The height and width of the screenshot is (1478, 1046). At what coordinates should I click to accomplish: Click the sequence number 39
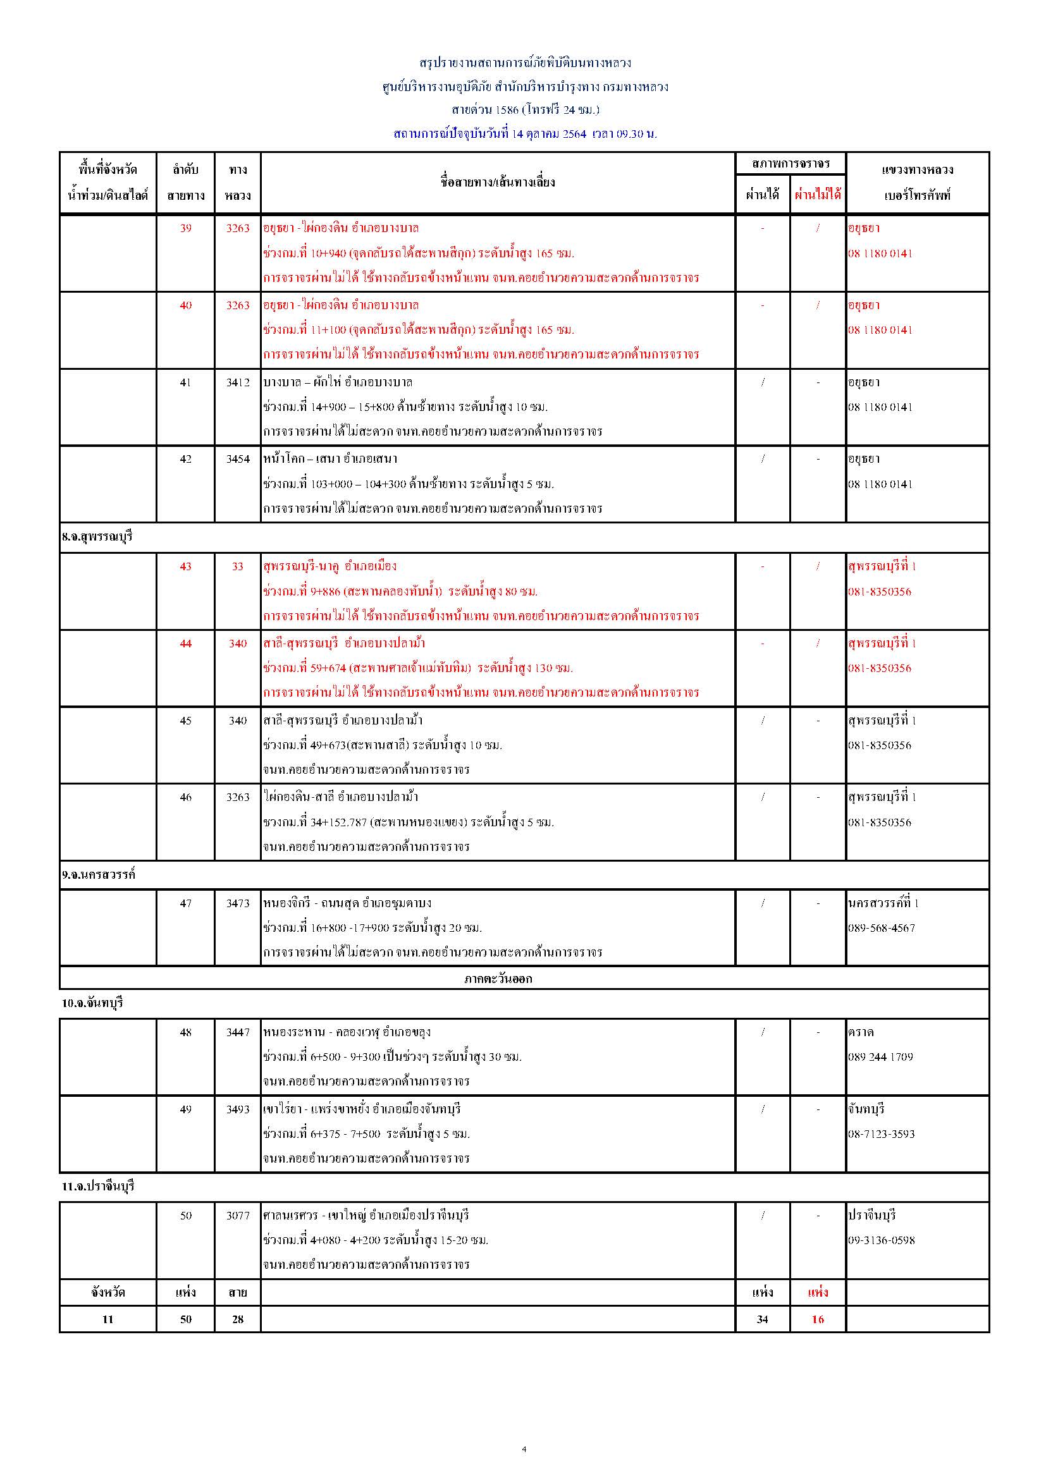click(185, 228)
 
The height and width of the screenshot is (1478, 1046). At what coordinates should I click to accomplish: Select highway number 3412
click(238, 382)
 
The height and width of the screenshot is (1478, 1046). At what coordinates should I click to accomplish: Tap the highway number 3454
click(238, 459)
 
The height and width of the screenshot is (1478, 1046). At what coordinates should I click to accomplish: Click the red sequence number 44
click(185, 643)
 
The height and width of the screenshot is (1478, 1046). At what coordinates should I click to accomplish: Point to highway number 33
click(238, 566)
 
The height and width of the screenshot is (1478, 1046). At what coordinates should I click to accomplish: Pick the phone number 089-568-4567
click(881, 927)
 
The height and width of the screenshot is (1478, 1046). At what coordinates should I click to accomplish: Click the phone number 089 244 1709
click(880, 1056)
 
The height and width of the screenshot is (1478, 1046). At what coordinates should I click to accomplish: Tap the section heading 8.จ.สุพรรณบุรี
click(97, 536)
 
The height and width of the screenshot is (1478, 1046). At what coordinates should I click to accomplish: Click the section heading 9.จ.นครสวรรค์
click(99, 875)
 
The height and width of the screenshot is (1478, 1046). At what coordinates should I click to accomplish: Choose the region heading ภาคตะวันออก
click(498, 979)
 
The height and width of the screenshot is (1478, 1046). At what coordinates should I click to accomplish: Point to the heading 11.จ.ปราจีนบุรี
click(98, 1187)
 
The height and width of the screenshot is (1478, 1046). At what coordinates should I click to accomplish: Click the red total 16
click(817, 1319)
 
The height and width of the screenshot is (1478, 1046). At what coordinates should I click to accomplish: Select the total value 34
click(762, 1319)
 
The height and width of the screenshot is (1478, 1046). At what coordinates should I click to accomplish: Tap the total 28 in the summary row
click(238, 1319)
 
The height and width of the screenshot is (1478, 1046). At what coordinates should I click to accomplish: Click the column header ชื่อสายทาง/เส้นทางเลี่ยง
click(498, 182)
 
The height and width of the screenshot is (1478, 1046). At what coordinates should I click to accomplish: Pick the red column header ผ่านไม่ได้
click(817, 195)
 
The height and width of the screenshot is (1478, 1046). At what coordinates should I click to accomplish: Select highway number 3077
click(238, 1216)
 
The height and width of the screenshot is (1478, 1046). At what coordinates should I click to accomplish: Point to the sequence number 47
click(185, 903)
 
